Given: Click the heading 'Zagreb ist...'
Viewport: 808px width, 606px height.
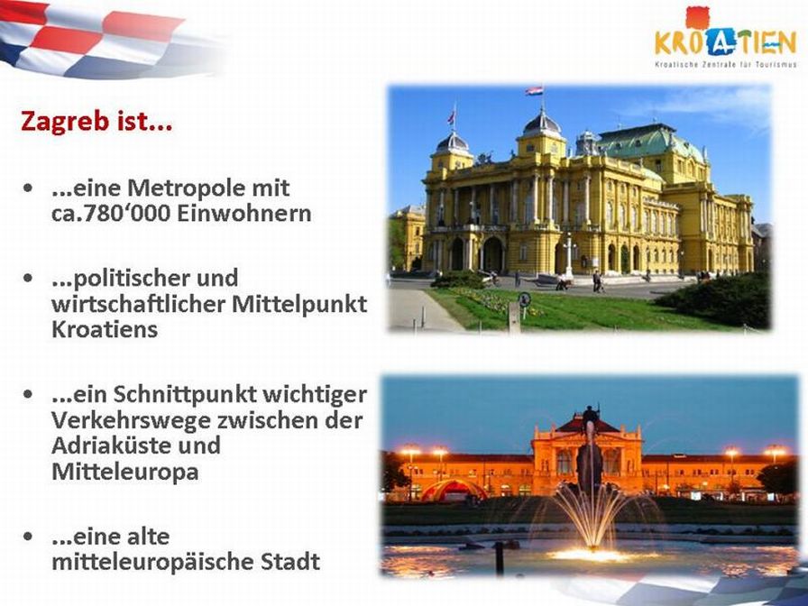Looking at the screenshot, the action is click(x=96, y=122).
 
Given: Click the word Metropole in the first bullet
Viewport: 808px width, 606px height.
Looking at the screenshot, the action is click(x=208, y=188).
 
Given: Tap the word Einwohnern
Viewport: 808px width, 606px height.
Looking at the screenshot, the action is click(x=244, y=214).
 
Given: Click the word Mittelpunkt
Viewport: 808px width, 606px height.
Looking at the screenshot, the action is click(x=299, y=304).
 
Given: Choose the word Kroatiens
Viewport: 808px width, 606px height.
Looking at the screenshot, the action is click(x=105, y=329).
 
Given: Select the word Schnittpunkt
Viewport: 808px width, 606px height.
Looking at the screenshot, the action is click(x=185, y=395).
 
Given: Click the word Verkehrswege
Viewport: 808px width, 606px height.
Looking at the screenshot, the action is click(x=131, y=420).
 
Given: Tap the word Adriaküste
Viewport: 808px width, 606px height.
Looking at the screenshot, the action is click(x=111, y=445).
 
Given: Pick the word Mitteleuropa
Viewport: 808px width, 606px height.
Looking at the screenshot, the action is click(x=125, y=472).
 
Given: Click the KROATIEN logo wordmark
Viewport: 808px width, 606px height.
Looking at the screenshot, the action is click(x=726, y=41).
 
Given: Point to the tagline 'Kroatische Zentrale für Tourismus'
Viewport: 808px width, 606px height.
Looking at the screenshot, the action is click(x=726, y=65).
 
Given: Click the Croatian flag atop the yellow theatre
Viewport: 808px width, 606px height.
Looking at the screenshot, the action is click(x=535, y=91).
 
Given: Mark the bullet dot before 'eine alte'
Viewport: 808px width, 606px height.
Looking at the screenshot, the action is click(x=28, y=537).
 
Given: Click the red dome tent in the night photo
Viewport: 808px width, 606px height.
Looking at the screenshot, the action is click(x=454, y=490).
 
